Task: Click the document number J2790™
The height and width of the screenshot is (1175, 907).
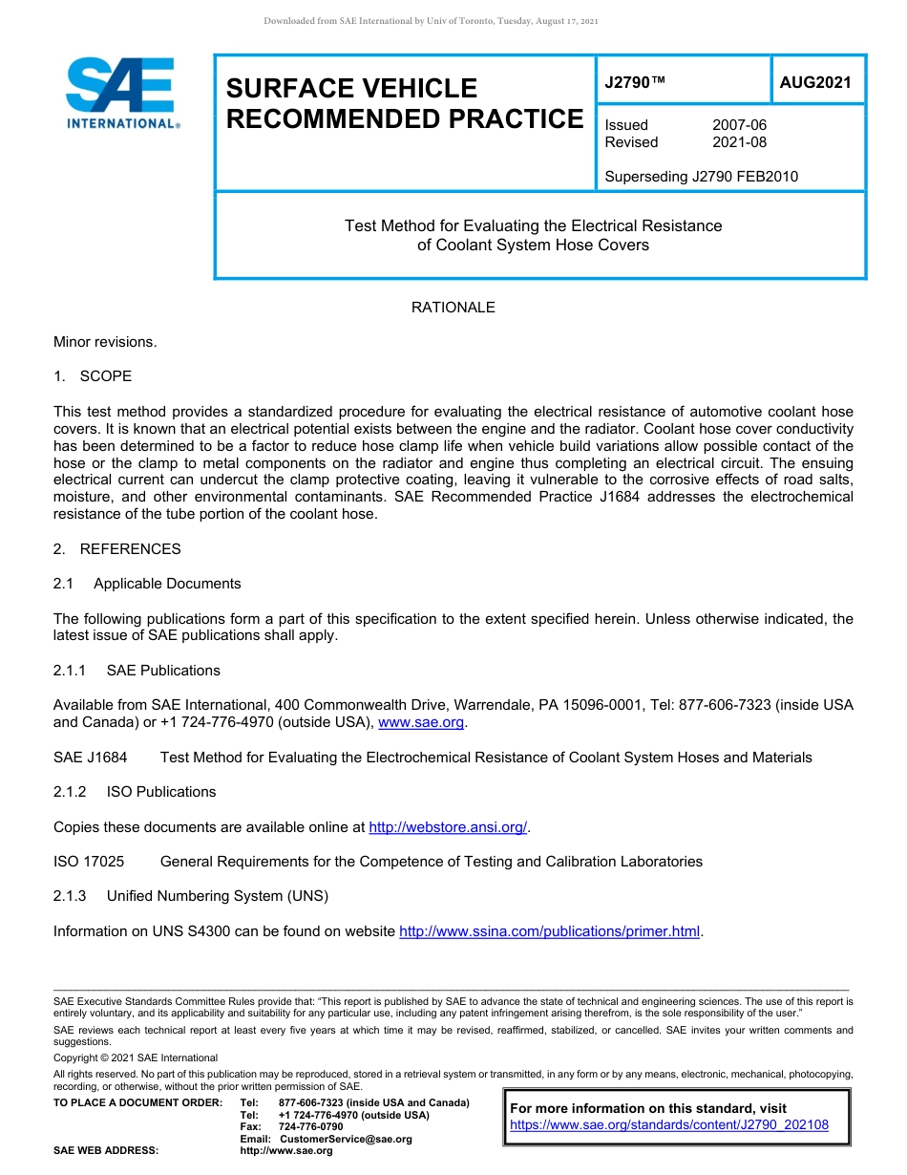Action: (634, 83)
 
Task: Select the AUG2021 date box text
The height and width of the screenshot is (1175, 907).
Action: (814, 83)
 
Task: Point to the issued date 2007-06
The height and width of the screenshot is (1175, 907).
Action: (739, 125)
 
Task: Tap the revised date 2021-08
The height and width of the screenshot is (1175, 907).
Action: (739, 142)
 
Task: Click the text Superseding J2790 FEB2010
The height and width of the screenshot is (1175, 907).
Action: (701, 176)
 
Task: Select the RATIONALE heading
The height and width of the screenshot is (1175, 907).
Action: (453, 308)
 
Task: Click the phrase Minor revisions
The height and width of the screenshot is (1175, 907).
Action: (105, 342)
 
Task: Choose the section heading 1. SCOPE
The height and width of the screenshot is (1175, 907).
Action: (93, 376)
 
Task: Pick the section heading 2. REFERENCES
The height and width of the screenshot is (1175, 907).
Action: (116, 549)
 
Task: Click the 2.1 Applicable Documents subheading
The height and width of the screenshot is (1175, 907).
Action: (147, 584)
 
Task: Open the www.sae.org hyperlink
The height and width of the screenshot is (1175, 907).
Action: (421, 723)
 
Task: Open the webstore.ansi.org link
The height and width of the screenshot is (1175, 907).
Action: (448, 827)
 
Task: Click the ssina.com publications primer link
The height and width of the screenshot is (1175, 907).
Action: (549, 931)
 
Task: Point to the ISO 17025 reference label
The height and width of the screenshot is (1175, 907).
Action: (89, 862)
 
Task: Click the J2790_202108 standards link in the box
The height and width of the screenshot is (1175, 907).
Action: (669, 1125)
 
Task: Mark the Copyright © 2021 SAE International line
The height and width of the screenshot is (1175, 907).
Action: (136, 1057)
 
